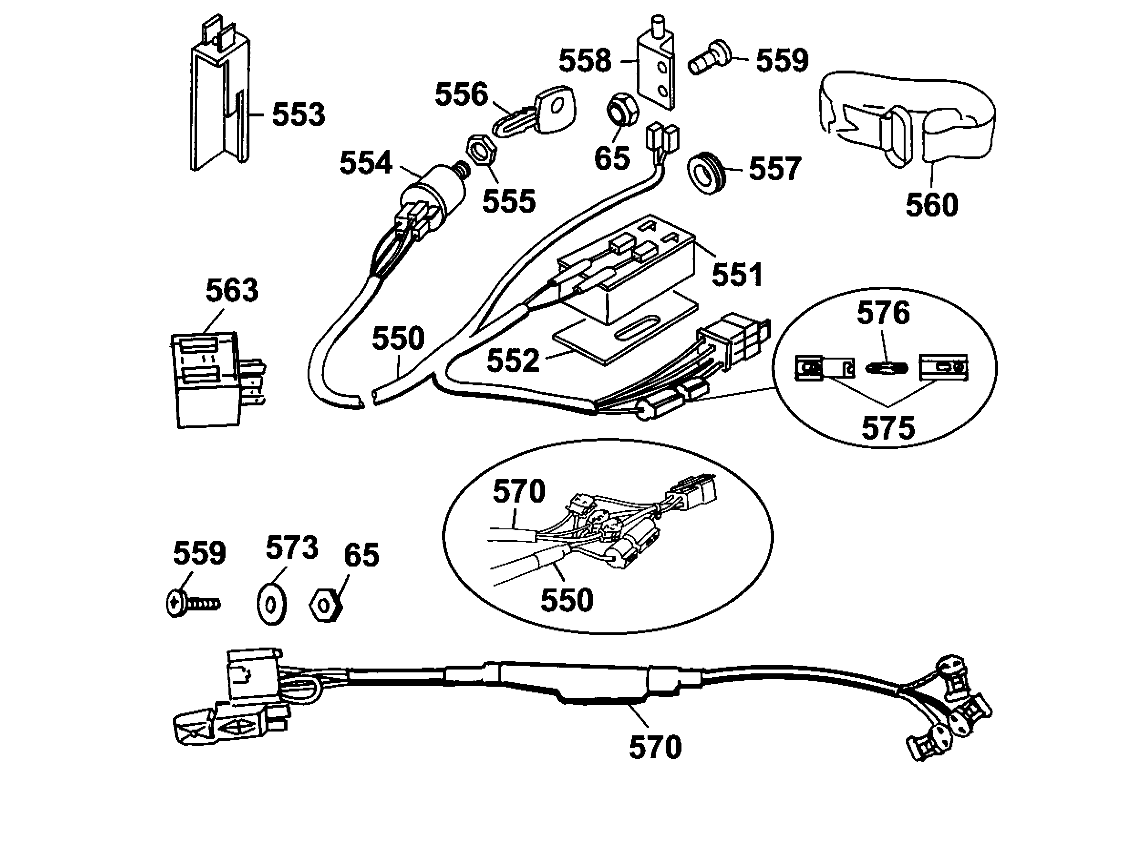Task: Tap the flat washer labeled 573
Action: click(271, 604)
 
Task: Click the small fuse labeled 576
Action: click(886, 369)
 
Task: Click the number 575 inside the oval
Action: click(888, 428)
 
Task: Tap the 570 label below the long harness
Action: click(655, 747)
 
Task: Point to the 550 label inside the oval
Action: click(567, 600)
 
